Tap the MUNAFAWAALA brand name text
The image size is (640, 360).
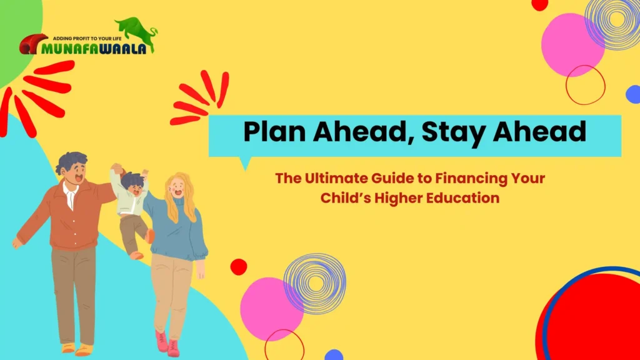pyautogui.click(x=94, y=48)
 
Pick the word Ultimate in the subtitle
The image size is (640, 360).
pyautogui.click(x=332, y=179)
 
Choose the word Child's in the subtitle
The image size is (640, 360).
pyautogui.click(x=345, y=198)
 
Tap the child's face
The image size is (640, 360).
pyautogui.click(x=133, y=186)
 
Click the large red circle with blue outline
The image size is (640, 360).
pyautogui.click(x=594, y=319)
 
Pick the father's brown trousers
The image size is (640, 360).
pyautogui.click(x=73, y=294)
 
